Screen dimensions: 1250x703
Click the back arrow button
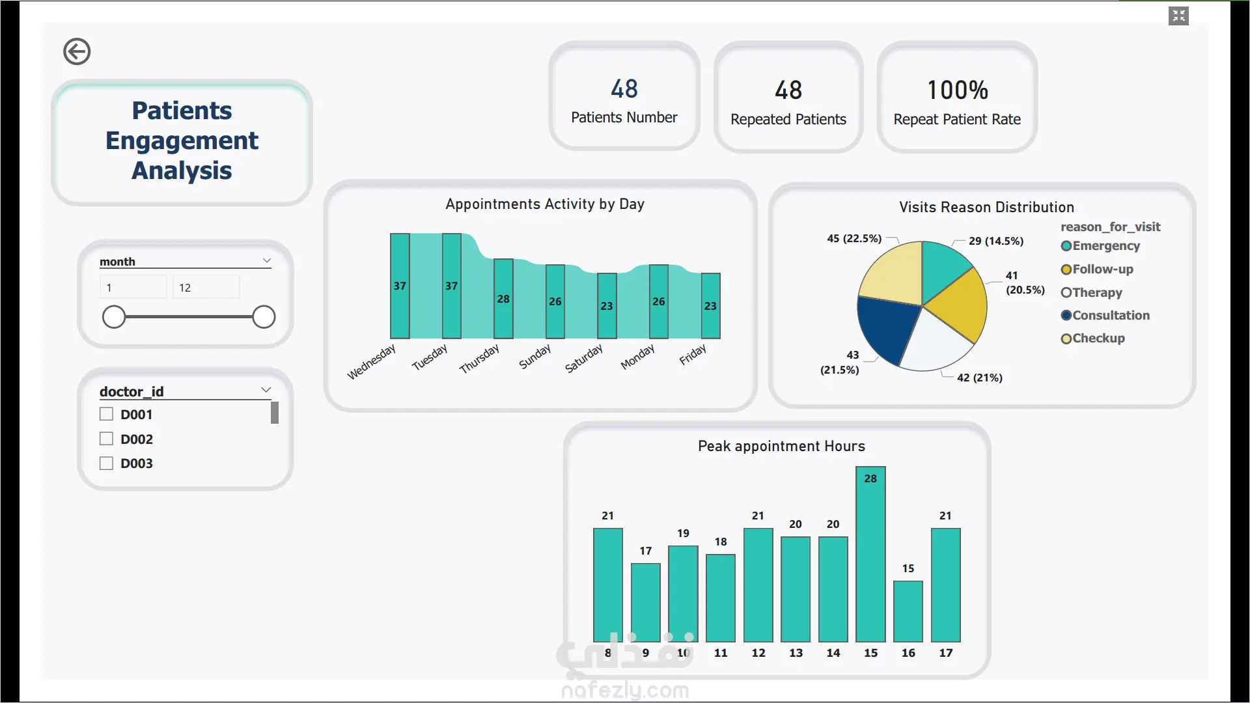(77, 51)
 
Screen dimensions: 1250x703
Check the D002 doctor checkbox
(106, 439)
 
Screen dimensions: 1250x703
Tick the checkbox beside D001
(106, 414)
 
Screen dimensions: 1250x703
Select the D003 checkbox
(106, 463)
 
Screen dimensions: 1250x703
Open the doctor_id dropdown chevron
(266, 390)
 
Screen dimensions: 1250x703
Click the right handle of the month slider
(264, 317)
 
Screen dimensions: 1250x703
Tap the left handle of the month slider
(114, 317)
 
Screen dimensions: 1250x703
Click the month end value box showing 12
(206, 287)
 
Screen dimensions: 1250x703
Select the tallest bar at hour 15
(870, 554)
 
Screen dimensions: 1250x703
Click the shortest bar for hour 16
(908, 611)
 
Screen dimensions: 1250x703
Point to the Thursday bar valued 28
(503, 299)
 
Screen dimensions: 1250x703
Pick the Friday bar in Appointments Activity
(710, 306)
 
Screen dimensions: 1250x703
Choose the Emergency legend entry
(1100, 246)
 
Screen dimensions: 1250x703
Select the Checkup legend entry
(1093, 338)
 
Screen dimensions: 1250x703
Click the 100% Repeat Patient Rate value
(958, 90)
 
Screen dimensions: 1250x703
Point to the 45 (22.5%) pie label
(854, 238)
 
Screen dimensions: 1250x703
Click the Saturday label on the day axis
(583, 359)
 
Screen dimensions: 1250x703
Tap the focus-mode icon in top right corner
(1178, 16)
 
